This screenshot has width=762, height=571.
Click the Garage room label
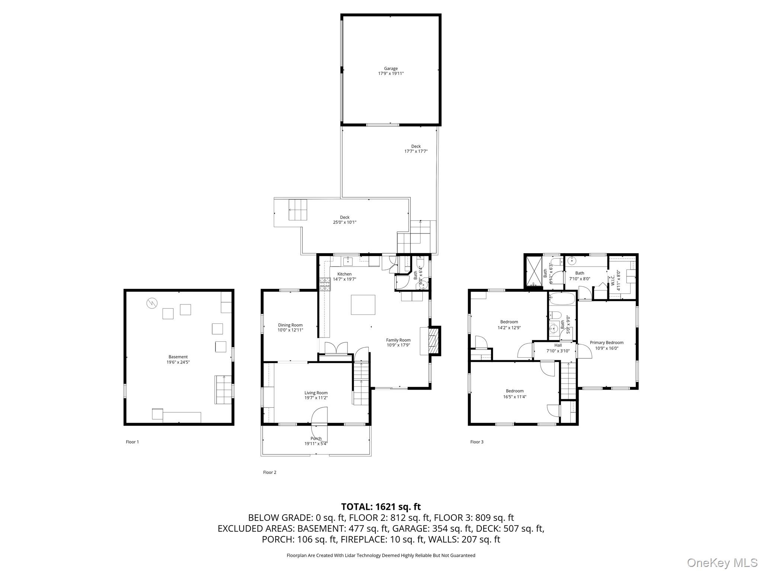pyautogui.click(x=391, y=69)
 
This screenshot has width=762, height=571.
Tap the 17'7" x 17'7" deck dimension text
pyautogui.click(x=416, y=151)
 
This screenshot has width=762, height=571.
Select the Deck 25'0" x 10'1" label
pyautogui.click(x=345, y=220)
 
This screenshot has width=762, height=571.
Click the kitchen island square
pyautogui.click(x=363, y=304)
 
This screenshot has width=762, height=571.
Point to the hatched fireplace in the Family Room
pyautogui.click(x=433, y=341)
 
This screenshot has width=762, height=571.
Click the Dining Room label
pyautogui.click(x=290, y=325)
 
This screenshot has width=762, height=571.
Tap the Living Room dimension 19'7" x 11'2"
pyautogui.click(x=316, y=398)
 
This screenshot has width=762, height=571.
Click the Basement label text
pyautogui.click(x=178, y=357)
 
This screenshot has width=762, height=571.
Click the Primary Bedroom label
pyautogui.click(x=606, y=343)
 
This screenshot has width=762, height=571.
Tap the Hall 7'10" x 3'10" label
pyautogui.click(x=558, y=348)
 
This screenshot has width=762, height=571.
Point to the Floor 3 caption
pyautogui.click(x=477, y=442)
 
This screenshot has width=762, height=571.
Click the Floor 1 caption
pyautogui.click(x=132, y=442)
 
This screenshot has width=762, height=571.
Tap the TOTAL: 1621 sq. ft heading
pyautogui.click(x=381, y=507)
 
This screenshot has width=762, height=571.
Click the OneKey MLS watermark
pyautogui.click(x=722, y=562)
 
